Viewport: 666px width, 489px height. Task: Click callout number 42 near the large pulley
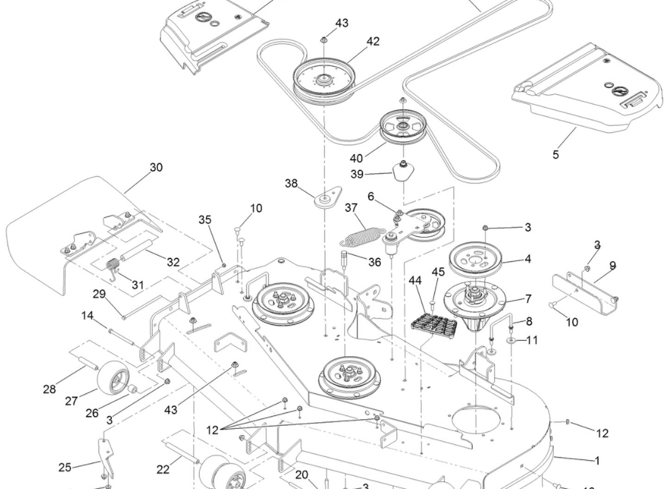pos(373,41)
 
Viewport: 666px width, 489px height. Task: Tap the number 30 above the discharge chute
pos(156,167)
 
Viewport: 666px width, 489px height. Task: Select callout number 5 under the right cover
pos(555,154)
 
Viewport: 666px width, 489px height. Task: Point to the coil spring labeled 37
pos(364,235)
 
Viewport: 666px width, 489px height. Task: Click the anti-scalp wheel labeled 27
pos(112,374)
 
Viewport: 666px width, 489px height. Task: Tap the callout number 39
pos(357,174)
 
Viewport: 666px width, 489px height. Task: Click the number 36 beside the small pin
pos(374,262)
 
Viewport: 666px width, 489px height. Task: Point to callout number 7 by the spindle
pos(528,299)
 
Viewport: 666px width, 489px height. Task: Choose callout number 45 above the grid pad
pos(438,272)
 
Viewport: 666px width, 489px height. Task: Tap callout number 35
pos(205,219)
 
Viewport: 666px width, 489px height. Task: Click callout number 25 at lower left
pos(65,467)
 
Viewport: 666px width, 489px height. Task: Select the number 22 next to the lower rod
pos(163,469)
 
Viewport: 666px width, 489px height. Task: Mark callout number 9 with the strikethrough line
pos(612,266)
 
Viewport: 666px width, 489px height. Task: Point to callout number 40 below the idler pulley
pos(356,158)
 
